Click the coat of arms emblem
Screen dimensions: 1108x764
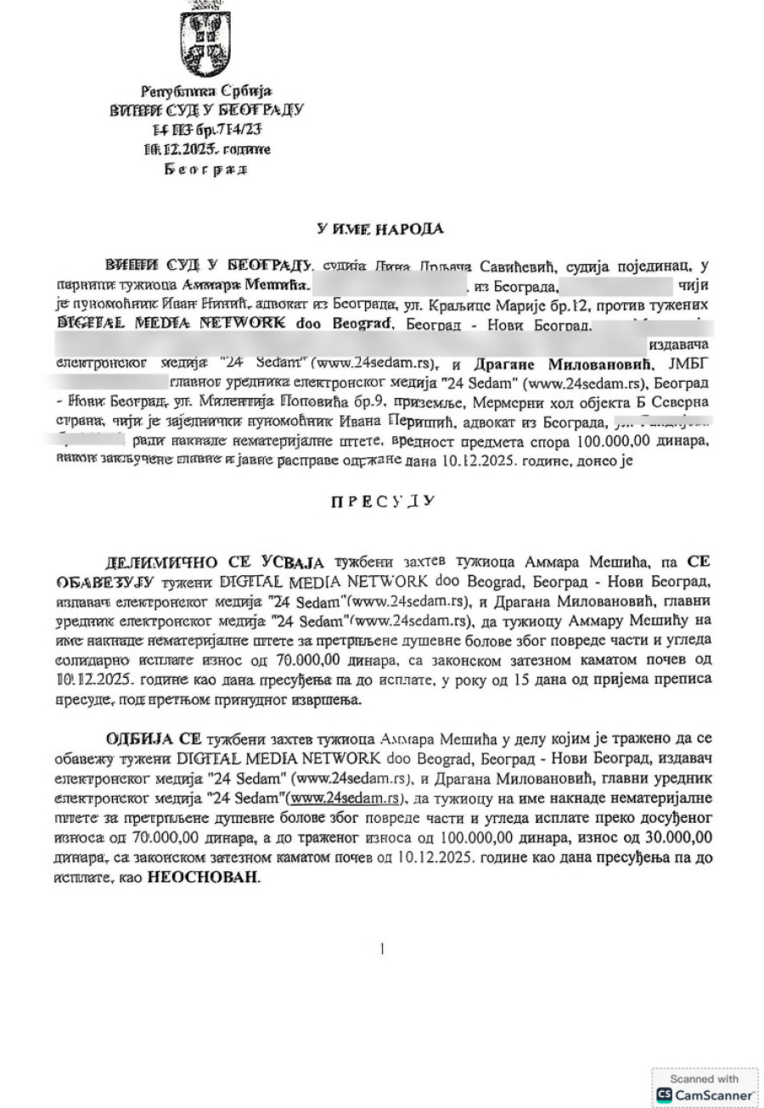click(x=204, y=38)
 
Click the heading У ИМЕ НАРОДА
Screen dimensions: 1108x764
click(x=380, y=228)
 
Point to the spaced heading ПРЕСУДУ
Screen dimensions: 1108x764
click(x=382, y=501)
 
